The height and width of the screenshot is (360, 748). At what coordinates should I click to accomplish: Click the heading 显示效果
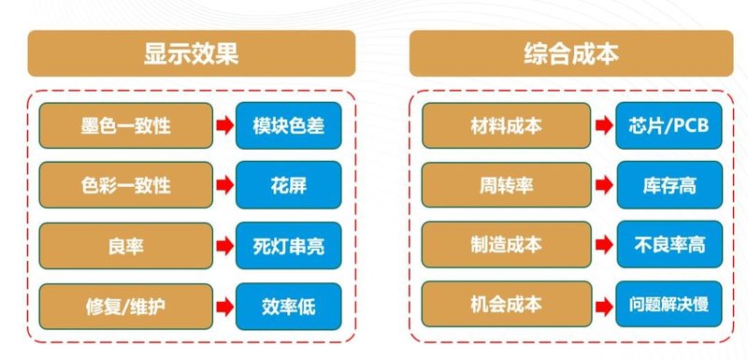click(191, 53)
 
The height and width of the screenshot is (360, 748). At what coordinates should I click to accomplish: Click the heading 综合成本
click(571, 53)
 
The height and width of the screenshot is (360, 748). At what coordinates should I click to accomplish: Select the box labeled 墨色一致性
click(125, 125)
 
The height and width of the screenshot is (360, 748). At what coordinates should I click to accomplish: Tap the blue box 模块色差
click(288, 125)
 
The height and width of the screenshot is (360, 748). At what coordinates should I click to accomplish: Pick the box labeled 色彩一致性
click(125, 185)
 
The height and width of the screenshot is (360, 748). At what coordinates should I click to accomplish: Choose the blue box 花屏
click(288, 185)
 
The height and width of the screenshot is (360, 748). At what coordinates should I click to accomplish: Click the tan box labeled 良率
click(125, 245)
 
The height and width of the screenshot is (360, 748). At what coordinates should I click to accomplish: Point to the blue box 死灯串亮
click(288, 245)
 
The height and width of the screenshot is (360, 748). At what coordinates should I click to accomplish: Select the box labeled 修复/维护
click(125, 305)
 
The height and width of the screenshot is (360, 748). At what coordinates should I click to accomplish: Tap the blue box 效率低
click(288, 305)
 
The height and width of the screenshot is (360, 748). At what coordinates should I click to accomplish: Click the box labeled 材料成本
click(506, 125)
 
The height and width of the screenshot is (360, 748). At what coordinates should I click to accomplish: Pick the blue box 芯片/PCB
click(669, 125)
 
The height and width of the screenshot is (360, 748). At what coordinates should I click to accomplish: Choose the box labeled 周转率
click(506, 185)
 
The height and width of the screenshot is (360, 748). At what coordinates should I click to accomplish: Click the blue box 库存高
click(669, 185)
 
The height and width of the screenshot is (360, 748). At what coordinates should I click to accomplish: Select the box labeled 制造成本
click(506, 245)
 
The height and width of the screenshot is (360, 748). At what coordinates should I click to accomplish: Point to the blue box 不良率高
click(669, 245)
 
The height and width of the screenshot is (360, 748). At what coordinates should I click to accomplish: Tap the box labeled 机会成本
click(506, 305)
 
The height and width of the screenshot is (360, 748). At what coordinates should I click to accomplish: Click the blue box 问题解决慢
click(669, 305)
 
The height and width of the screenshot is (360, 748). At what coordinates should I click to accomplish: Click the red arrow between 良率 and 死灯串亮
click(224, 245)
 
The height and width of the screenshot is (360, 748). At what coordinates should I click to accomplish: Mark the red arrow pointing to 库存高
click(605, 185)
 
